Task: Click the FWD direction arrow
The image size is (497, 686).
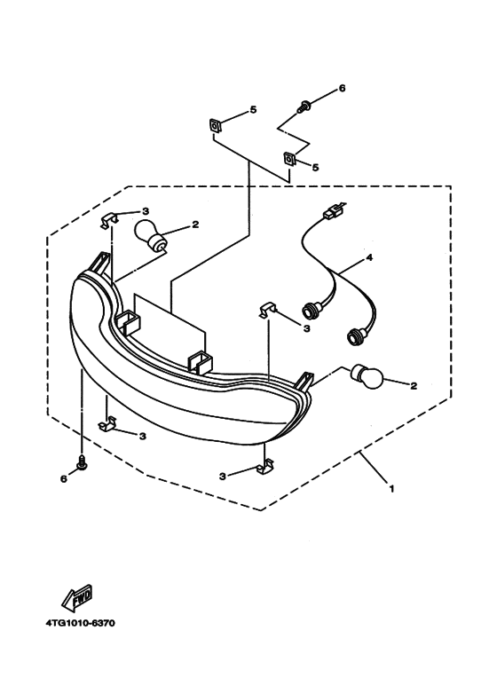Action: point(78,597)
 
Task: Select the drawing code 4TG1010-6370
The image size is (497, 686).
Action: point(81,623)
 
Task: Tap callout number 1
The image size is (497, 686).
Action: point(391,488)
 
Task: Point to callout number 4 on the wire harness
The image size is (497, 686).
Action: point(369,257)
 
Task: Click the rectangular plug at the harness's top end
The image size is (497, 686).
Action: point(332,214)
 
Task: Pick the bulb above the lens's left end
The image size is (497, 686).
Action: point(150,237)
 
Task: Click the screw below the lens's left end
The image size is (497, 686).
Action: point(82,462)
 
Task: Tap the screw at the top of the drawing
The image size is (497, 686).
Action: point(304,106)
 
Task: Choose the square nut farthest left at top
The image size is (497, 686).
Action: point(215,126)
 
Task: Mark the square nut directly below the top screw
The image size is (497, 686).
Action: point(289,158)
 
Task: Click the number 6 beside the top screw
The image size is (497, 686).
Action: point(342,89)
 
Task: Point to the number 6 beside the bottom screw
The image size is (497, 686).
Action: point(64,479)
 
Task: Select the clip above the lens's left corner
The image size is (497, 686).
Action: point(109,220)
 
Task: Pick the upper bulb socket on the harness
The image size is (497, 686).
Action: point(311,311)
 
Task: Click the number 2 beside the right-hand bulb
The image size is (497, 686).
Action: point(414,386)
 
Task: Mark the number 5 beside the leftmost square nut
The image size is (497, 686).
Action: point(253,110)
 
